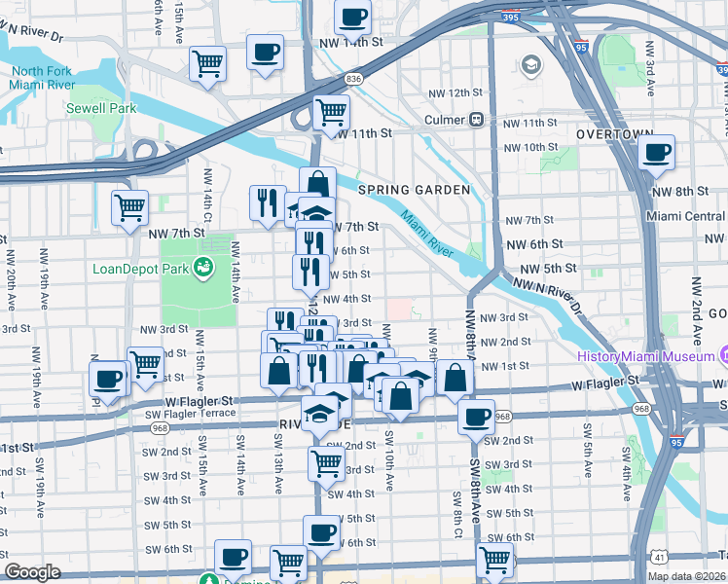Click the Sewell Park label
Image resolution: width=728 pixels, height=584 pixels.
click(101, 109)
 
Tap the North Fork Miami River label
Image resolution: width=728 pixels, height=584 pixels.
click(42, 79)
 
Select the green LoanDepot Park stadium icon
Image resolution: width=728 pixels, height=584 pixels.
click(202, 267)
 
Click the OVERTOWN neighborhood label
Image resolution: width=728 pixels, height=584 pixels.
click(613, 133)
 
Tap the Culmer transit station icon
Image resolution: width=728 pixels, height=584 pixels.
click(477, 120)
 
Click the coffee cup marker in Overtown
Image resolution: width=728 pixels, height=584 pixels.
click(657, 152)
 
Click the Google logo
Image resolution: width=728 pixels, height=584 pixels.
click(32, 572)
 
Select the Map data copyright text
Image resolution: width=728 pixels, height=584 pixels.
click(686, 576)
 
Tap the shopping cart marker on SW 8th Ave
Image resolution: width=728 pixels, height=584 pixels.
click(494, 560)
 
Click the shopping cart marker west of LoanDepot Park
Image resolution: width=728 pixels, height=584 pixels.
click(129, 207)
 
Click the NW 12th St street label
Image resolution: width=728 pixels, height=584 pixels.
click(457, 92)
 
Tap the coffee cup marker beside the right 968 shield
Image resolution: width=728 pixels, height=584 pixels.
click(476, 417)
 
